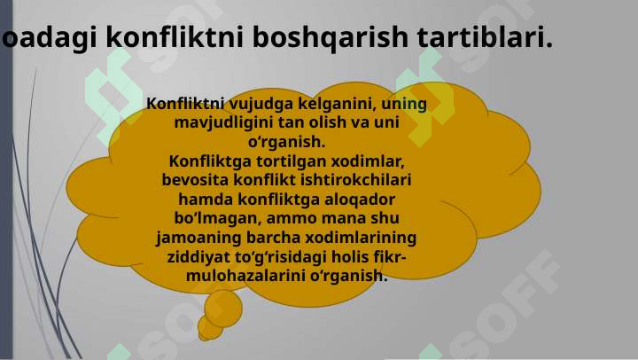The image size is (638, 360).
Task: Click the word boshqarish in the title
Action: (330, 37)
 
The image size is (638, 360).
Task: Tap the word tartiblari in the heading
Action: (485, 36)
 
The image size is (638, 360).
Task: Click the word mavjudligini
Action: (223, 123)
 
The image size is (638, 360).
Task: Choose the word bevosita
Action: (195, 180)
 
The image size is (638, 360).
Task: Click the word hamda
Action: (206, 200)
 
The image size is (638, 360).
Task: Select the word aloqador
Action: (360, 200)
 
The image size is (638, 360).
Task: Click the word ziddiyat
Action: (198, 257)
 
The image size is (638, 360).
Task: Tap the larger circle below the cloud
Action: (223, 309)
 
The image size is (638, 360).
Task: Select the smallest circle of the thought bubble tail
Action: (209, 328)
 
